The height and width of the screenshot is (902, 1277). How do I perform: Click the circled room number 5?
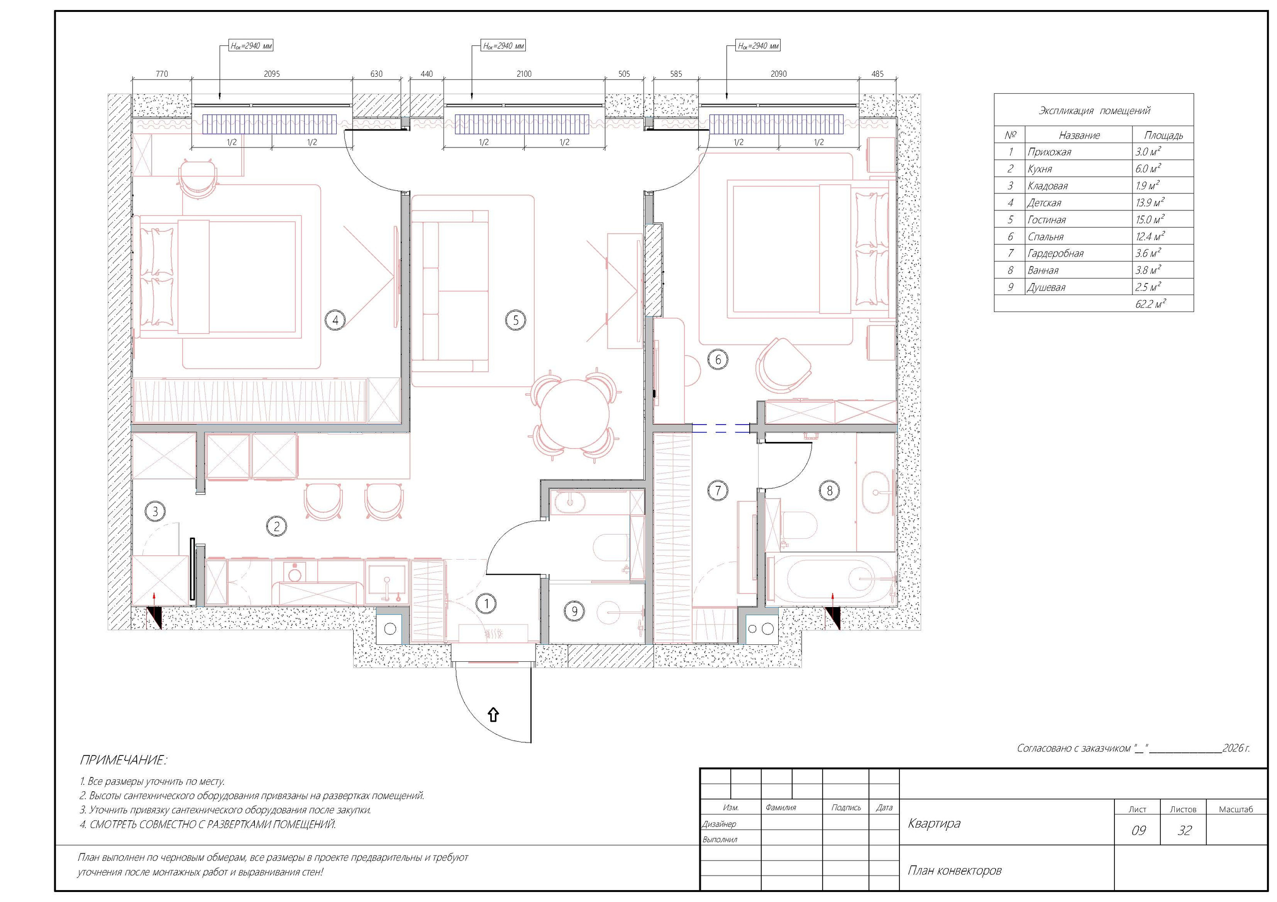tap(516, 319)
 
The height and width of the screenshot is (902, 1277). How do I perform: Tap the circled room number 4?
tap(335, 319)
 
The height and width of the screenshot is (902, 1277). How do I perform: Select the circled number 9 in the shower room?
tap(574, 611)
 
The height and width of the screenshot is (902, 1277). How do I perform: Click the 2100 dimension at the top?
tap(524, 73)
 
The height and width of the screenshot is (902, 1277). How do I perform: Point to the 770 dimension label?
tap(162, 73)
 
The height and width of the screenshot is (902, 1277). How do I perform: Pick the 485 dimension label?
tap(877, 73)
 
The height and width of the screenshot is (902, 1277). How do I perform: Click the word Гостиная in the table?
tap(1046, 220)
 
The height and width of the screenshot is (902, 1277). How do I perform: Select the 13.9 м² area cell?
tap(1150, 202)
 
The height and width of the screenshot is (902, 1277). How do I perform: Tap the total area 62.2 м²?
tap(1150, 304)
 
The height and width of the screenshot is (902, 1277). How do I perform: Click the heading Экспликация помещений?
tap(1094, 111)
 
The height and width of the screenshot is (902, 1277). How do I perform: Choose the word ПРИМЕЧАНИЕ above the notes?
tap(122, 760)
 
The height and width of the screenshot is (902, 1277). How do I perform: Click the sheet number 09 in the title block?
tap(1138, 830)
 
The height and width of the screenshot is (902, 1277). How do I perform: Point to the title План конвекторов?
tap(954, 870)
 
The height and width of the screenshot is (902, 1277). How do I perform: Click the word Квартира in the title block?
tap(934, 823)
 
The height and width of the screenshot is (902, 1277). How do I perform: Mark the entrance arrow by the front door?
tap(493, 715)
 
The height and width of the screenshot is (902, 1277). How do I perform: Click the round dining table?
tap(575, 412)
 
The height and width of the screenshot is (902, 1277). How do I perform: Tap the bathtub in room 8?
tap(831, 579)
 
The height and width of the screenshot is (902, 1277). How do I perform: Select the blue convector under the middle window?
tap(522, 124)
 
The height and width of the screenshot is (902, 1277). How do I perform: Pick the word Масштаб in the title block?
tap(1236, 809)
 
